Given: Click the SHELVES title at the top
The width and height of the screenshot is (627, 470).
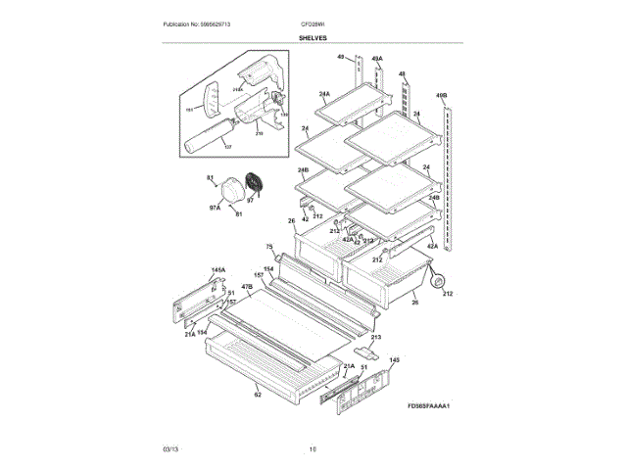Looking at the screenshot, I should point(313,38).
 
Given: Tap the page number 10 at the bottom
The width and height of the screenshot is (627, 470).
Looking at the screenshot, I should point(313,449).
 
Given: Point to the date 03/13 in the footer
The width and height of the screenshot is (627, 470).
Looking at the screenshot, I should point(170,449).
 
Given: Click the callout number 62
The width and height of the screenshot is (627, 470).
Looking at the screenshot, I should point(258,396).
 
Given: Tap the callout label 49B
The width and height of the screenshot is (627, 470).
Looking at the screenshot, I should point(442,96).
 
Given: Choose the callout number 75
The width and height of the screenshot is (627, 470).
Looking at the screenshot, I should point(268,246).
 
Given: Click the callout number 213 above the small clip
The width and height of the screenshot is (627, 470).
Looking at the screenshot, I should point(375,337).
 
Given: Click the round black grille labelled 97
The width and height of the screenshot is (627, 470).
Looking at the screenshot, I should point(257,184).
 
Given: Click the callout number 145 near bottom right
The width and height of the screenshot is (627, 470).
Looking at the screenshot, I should point(395,359).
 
